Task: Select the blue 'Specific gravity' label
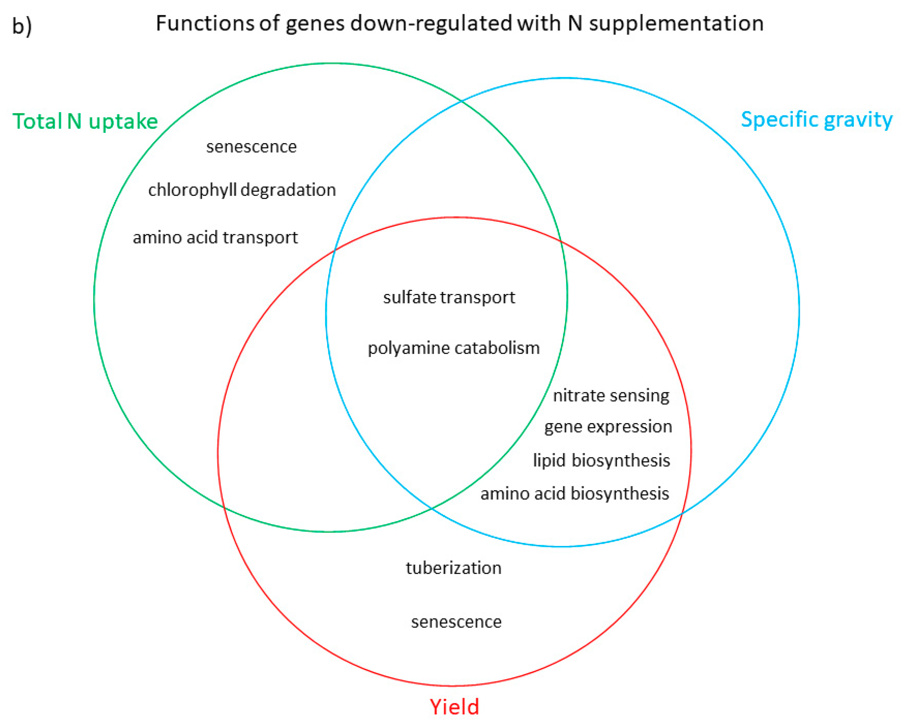[x=816, y=120]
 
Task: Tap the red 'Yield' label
[x=454, y=706]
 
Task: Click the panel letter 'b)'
[x=22, y=26]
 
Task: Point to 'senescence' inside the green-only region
[x=251, y=147]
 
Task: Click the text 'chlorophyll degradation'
[x=242, y=190]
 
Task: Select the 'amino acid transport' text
[x=215, y=237]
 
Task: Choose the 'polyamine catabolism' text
[x=453, y=348]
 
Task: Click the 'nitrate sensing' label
[x=611, y=395]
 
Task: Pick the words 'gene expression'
[x=608, y=427]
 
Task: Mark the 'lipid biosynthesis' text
[x=601, y=460]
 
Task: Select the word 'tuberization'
[x=453, y=568]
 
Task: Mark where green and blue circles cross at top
[x=461, y=101]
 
